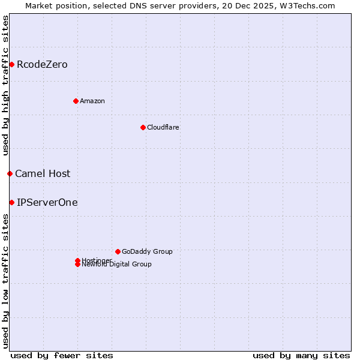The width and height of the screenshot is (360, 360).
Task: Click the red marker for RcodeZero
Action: click(x=11, y=64)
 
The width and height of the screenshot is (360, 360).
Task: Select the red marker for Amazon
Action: click(x=76, y=101)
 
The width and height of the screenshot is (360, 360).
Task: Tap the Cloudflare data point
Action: click(x=143, y=127)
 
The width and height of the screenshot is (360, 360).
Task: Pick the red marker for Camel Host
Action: click(x=10, y=173)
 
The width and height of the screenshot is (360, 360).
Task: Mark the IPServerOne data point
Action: click(x=11, y=202)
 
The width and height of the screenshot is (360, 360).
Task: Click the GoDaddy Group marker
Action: click(x=118, y=251)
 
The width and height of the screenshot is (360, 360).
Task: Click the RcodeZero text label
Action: click(x=42, y=64)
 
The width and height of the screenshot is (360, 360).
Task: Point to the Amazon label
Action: click(x=92, y=101)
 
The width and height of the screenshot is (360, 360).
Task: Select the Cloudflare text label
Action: click(x=163, y=127)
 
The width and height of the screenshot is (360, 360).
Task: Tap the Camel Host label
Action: click(x=43, y=173)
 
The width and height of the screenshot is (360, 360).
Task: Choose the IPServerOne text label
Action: click(x=47, y=202)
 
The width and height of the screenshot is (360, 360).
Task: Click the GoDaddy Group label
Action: click(x=147, y=251)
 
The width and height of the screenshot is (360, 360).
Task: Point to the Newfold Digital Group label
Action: click(x=117, y=265)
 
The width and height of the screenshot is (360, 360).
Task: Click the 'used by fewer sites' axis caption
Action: click(x=62, y=355)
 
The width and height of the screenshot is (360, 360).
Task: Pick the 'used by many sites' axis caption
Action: click(x=301, y=355)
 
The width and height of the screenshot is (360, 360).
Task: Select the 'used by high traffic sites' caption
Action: click(x=5, y=85)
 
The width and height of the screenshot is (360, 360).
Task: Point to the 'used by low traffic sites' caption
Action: click(x=5, y=280)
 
